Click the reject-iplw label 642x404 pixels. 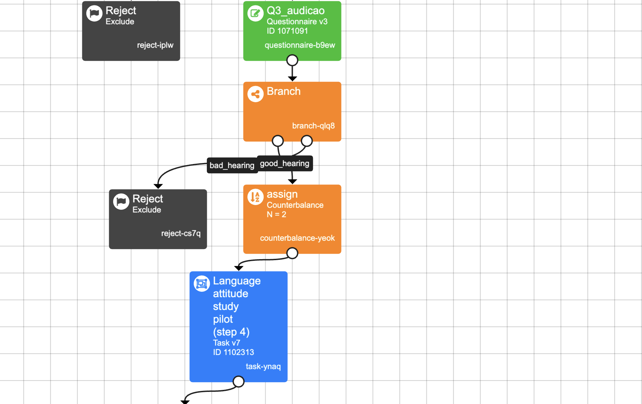click(155, 45)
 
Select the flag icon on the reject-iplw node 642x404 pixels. click(94, 14)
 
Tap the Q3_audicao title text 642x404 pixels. click(295, 11)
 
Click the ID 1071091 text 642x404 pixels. click(287, 31)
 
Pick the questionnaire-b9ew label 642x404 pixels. click(300, 45)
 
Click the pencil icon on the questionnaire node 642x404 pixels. click(255, 14)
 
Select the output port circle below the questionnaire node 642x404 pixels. click(292, 60)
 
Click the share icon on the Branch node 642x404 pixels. click(255, 94)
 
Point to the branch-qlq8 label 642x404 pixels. click(313, 126)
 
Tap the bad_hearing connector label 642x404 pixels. click(232, 165)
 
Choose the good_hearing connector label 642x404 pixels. click(285, 163)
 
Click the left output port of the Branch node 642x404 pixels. click(278, 141)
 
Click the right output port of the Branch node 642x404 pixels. click(307, 141)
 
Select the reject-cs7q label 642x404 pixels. click(181, 233)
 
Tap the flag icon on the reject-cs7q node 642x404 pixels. click(121, 202)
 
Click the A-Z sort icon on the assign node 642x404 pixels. click(255, 197)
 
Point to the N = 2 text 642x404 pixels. click(276, 214)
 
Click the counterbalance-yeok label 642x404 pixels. click(297, 238)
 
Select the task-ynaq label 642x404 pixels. click(263, 366)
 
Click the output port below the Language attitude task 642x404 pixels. click(238, 381)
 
